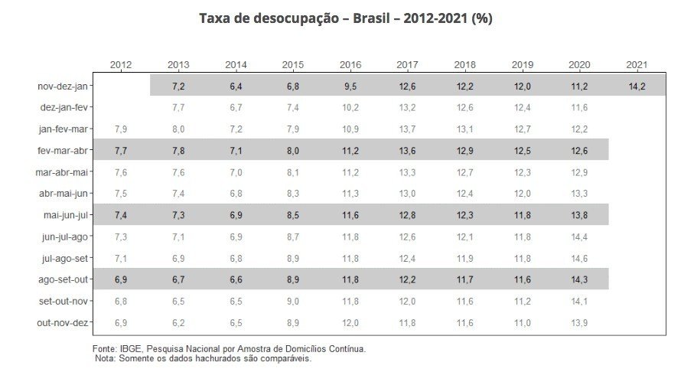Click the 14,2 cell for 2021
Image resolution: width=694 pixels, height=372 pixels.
click(x=637, y=86)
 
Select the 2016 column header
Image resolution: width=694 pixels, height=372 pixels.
click(x=350, y=65)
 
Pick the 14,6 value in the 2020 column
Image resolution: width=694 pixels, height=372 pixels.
click(x=579, y=258)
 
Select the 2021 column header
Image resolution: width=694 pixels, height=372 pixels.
click(x=637, y=65)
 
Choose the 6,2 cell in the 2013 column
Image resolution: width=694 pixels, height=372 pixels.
click(x=178, y=323)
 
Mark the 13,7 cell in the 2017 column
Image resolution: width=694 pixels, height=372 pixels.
click(x=407, y=129)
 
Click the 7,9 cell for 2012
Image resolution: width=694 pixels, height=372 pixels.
click(x=120, y=129)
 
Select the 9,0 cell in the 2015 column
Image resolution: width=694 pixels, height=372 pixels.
click(x=292, y=302)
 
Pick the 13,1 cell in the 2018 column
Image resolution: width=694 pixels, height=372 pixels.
click(x=464, y=129)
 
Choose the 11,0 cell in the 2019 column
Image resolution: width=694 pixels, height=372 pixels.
click(x=522, y=323)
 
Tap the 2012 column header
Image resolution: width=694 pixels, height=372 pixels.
click(x=120, y=65)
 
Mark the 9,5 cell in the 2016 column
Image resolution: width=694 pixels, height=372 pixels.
click(x=350, y=86)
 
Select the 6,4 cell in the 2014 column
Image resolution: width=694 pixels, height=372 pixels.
click(x=235, y=86)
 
